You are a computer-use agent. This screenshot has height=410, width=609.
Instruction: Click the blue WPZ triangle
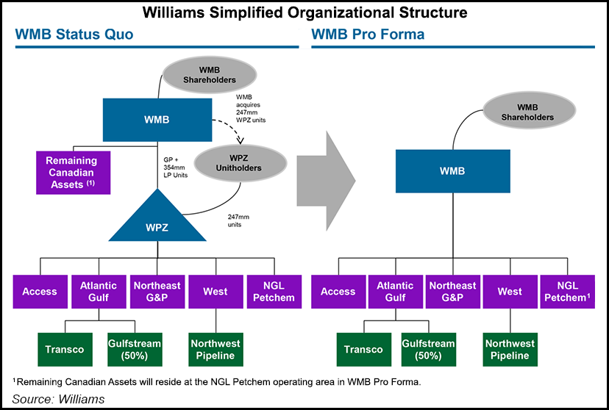click(157, 220)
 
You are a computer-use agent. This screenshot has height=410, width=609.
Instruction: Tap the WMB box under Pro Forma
click(451, 171)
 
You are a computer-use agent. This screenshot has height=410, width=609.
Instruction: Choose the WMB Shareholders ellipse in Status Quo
click(211, 74)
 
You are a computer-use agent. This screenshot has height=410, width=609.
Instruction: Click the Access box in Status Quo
click(40, 292)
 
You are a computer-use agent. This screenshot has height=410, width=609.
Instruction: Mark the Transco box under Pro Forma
click(364, 350)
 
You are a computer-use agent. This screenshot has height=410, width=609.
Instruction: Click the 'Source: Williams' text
click(60, 399)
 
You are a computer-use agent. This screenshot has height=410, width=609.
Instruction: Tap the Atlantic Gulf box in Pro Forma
click(396, 292)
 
